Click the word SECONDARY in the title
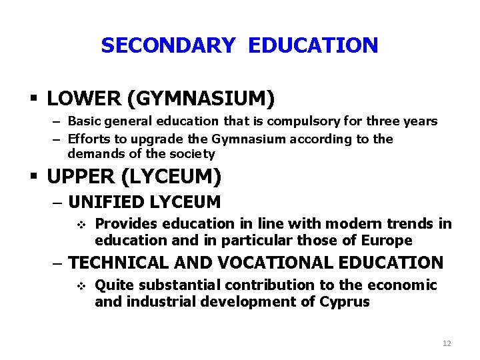point(168,45)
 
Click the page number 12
point(447,343)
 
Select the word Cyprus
point(345,301)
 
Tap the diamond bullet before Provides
point(81,224)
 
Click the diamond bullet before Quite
point(81,286)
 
